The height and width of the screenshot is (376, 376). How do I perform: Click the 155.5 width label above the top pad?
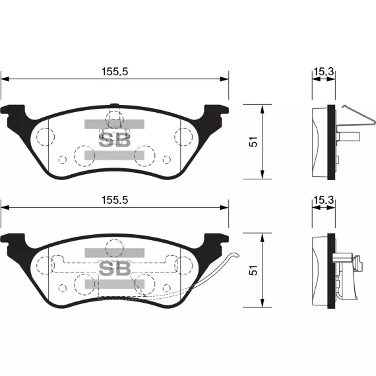[115, 71]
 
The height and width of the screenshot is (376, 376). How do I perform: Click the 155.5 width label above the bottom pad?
[115, 200]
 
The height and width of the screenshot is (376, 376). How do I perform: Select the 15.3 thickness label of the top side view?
[323, 71]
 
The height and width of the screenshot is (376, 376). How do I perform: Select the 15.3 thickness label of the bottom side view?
[323, 200]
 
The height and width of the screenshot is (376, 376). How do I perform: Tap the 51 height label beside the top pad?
[253, 142]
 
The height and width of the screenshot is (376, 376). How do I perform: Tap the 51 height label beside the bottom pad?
[253, 270]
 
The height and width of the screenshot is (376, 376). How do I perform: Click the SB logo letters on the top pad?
[115, 140]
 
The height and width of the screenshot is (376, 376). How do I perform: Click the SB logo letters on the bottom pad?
[115, 268]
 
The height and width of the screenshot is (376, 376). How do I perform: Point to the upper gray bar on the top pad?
[114, 124]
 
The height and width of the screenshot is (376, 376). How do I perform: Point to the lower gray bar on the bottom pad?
[115, 284]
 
